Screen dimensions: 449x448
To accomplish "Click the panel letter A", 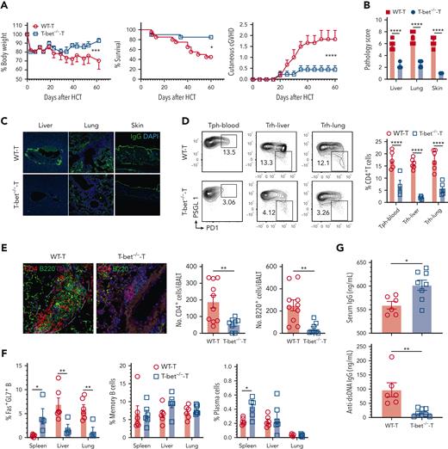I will pos(5,6).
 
